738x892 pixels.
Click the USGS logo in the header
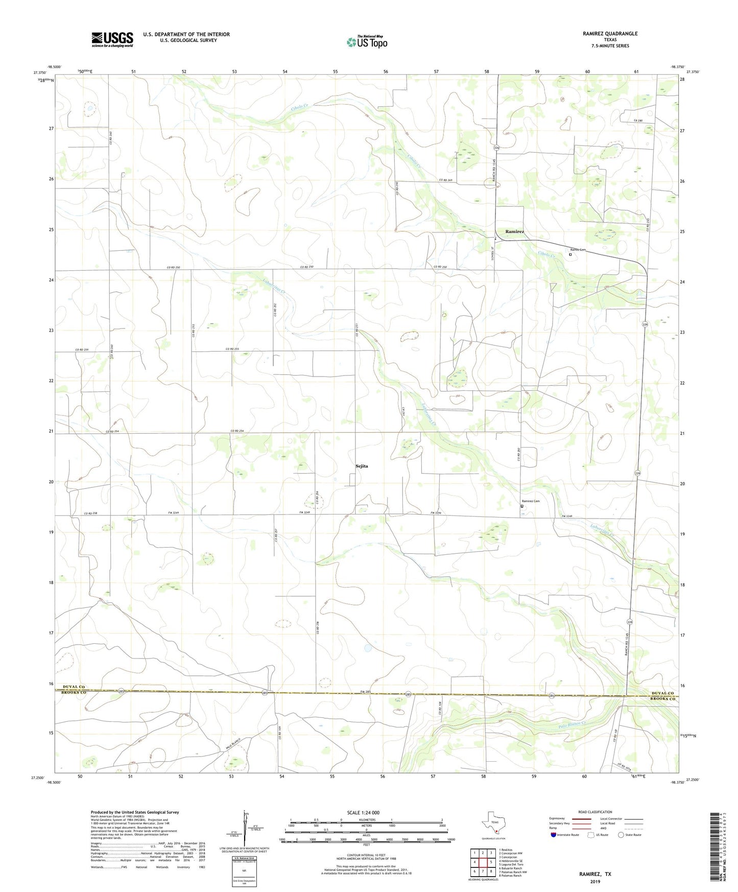coord(112,39)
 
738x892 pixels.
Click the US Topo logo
coord(367,42)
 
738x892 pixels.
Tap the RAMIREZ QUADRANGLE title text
coord(610,34)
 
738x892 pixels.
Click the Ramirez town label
coord(514,232)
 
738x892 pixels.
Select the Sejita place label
coord(362,466)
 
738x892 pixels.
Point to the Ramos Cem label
coord(578,250)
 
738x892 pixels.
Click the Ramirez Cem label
coord(530,501)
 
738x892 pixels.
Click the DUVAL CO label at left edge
coord(74,687)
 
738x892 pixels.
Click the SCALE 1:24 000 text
coord(363,812)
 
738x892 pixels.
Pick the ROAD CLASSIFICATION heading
coord(595,812)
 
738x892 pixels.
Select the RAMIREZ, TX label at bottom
coord(594,874)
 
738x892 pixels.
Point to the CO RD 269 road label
coord(445,180)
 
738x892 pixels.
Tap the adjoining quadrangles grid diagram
coord(482,862)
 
